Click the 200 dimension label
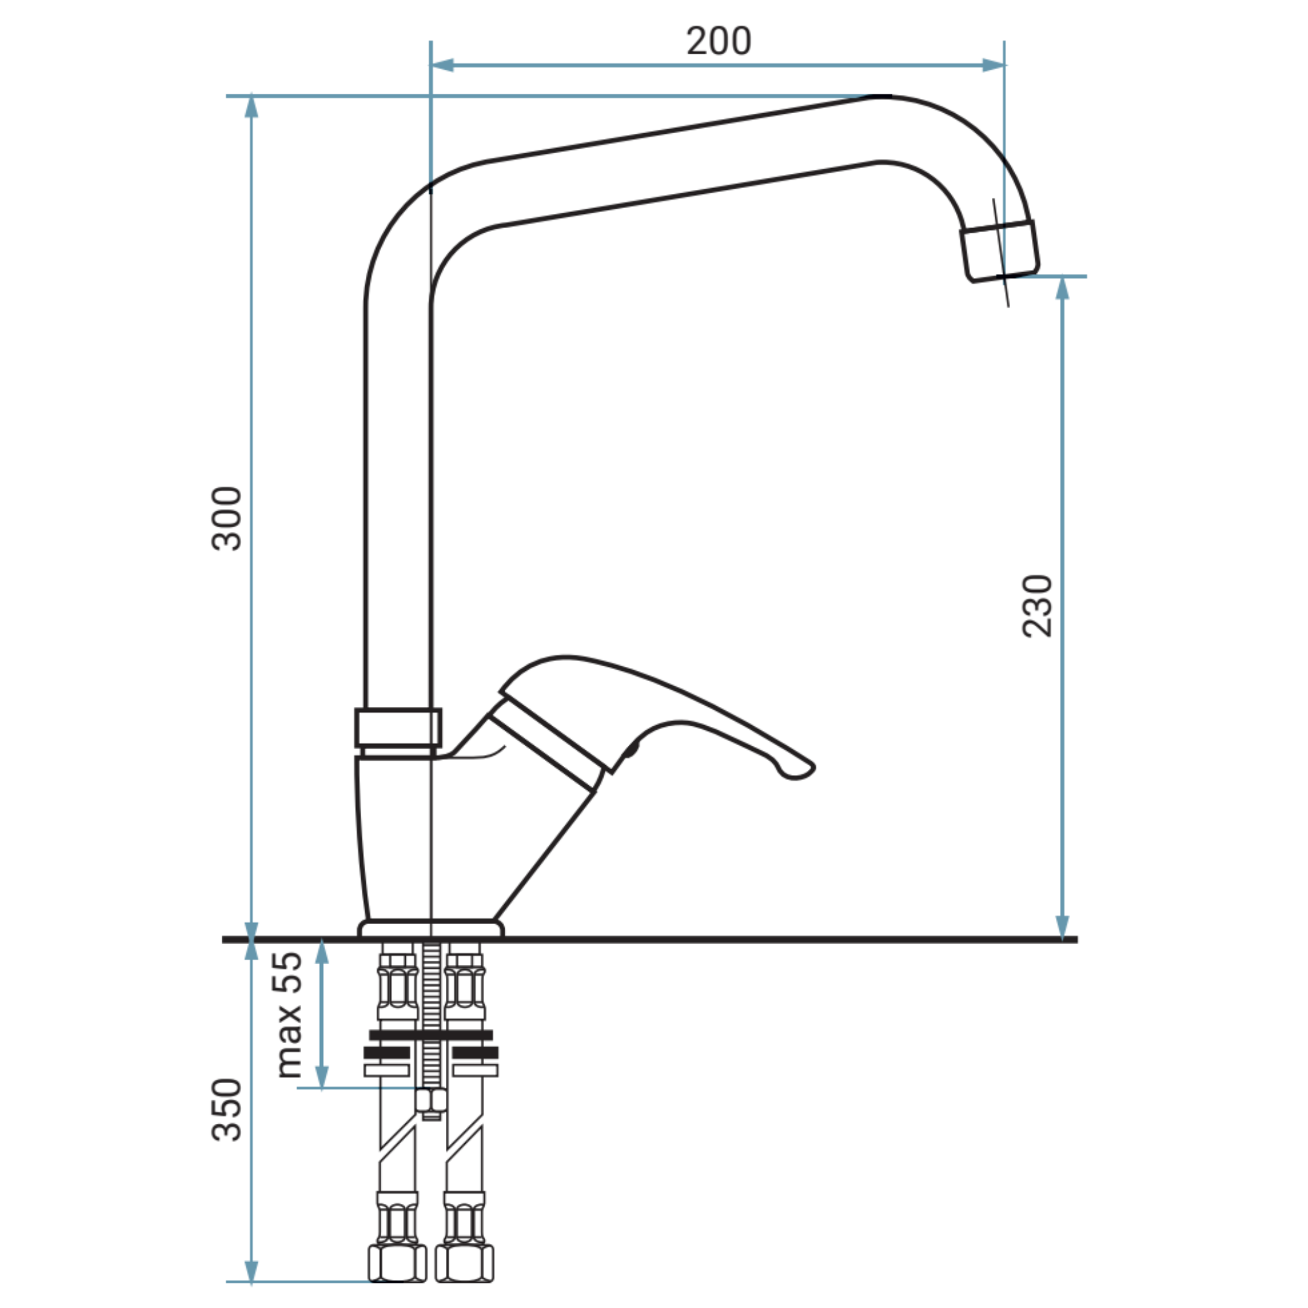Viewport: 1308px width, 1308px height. (719, 41)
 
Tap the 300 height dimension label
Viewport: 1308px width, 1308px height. (227, 518)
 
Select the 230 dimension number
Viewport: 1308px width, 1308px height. (1037, 606)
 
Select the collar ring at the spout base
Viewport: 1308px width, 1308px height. (398, 728)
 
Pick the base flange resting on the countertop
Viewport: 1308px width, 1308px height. (430, 929)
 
